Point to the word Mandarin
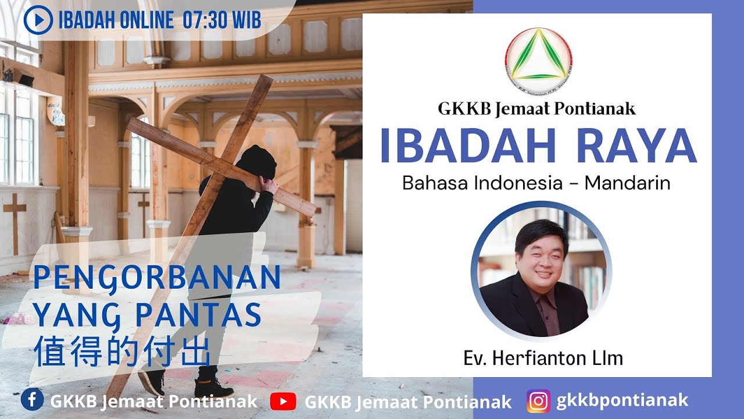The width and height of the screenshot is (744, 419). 627,183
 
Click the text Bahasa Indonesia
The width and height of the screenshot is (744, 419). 482,183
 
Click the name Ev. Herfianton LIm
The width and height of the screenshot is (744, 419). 543,358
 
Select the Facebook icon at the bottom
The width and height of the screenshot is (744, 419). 32,400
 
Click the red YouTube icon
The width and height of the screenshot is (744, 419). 283,401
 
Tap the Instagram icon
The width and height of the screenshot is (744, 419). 538,400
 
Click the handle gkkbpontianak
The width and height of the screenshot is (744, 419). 622,400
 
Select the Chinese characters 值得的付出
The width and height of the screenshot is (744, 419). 121,352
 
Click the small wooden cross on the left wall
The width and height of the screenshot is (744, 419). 15,221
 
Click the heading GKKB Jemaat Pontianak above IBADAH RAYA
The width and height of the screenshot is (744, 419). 536,108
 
